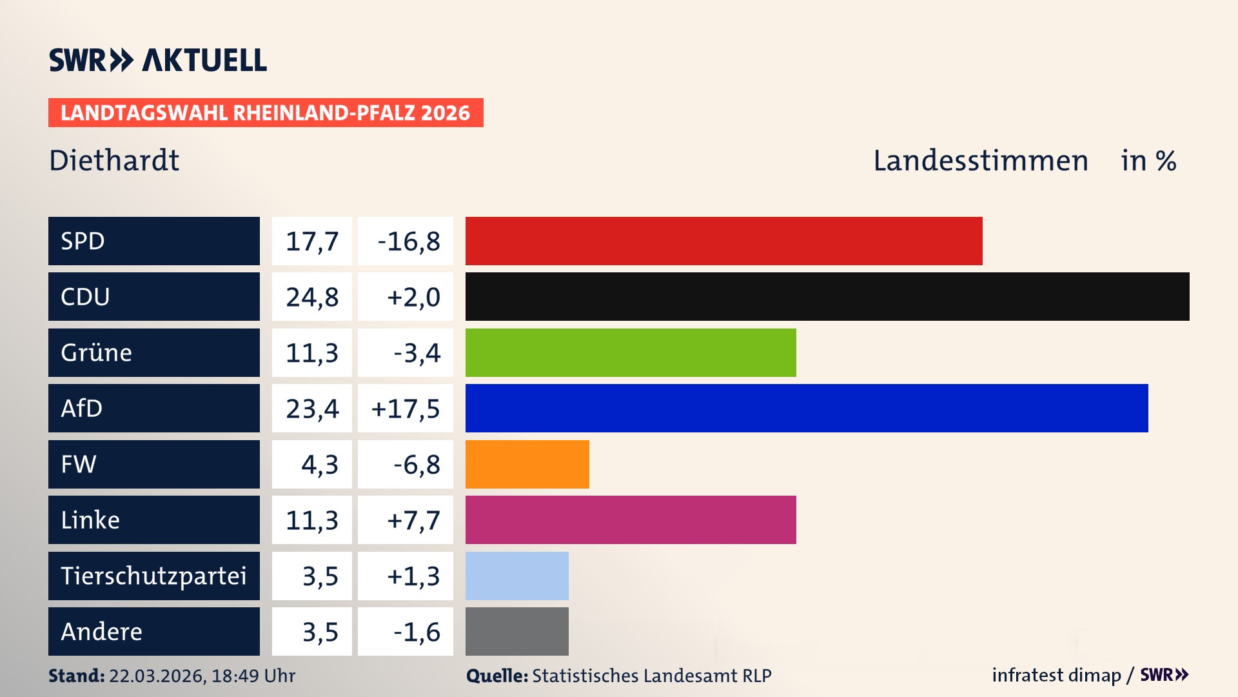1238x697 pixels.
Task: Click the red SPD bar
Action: (723, 241)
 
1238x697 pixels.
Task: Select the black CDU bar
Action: (827, 296)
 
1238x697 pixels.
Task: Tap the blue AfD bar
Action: (807, 408)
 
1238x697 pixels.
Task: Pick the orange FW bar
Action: (527, 464)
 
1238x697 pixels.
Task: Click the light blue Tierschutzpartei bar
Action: (516, 576)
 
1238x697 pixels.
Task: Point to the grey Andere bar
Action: (516, 631)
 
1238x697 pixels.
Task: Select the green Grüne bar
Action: (631, 352)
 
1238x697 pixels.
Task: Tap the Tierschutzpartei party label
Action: (153, 576)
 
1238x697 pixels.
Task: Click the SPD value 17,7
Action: (312, 241)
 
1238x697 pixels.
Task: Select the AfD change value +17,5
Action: (406, 409)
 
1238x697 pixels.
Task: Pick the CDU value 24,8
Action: (312, 297)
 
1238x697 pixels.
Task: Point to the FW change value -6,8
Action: (417, 465)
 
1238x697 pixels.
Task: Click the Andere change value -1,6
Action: (417, 632)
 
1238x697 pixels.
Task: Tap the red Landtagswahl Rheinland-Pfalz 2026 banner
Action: (266, 113)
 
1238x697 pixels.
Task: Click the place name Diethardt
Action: (114, 161)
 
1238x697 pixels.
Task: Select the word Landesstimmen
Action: (980, 161)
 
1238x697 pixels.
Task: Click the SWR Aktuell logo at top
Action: (158, 60)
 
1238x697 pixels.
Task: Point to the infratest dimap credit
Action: (1056, 675)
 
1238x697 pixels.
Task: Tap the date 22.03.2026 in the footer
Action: (157, 676)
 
